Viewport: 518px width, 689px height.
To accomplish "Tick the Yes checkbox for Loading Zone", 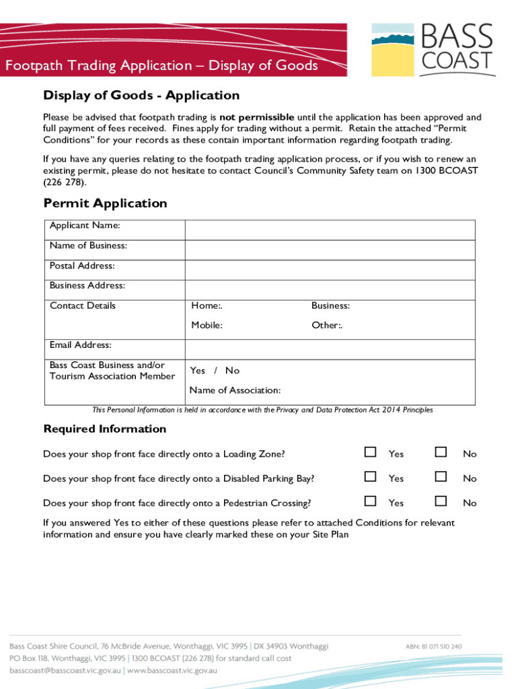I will [370, 452].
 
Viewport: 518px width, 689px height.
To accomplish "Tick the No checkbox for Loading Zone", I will [441, 452].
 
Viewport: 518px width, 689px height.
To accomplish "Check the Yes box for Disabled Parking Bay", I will [370, 476].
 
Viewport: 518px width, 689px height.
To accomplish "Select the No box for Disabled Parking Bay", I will [441, 476].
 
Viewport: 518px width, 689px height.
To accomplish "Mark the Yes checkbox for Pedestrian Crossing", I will [370, 501].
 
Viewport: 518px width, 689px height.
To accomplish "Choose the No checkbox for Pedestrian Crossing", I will [441, 501].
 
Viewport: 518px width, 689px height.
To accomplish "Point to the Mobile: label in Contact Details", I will [207, 326].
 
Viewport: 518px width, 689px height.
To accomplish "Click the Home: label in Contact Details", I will [207, 306].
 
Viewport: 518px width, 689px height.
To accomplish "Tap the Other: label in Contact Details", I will [327, 326].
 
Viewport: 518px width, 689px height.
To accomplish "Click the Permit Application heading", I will [105, 203].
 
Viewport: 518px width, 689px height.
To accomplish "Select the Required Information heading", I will [104, 429].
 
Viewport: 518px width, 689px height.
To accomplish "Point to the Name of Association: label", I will [235, 390].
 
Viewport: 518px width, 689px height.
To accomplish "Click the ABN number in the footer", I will [433, 646].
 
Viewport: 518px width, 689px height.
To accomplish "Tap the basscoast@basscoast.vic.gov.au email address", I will [64, 671].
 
